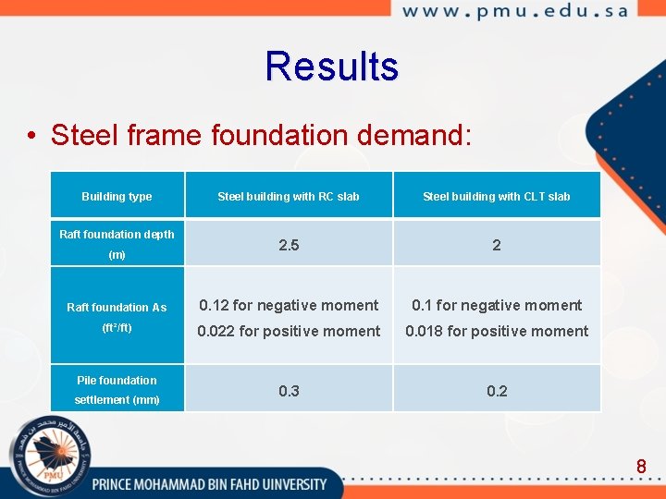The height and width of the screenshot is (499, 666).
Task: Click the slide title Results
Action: pos(331,67)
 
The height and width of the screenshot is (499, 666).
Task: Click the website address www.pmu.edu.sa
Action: pos(515,12)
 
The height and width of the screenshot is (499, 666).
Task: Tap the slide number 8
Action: pos(641,467)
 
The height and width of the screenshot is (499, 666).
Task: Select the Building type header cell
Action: pos(117,196)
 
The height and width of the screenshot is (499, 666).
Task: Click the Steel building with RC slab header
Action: pos(289,196)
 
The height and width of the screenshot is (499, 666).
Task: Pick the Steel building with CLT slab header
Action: pos(497,196)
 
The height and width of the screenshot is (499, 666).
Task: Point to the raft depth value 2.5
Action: pos(289,245)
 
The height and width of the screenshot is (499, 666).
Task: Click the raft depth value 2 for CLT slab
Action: pos(497,245)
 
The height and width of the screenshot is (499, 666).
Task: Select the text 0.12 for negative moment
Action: pos(289,305)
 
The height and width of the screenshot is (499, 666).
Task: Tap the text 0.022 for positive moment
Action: pos(289,331)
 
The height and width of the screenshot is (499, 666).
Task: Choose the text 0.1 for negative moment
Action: pos(497,305)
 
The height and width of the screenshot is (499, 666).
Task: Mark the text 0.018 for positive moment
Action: pos(497,331)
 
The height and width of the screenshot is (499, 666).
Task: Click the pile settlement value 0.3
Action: pos(289,391)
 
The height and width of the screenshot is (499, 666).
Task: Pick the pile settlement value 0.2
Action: pos(497,391)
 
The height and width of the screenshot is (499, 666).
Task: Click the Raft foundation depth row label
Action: pos(117,235)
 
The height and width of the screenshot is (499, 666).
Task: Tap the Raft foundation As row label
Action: pos(117,308)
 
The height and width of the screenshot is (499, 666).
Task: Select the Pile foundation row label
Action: pos(117,380)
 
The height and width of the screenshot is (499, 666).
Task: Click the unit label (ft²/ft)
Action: pos(117,328)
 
